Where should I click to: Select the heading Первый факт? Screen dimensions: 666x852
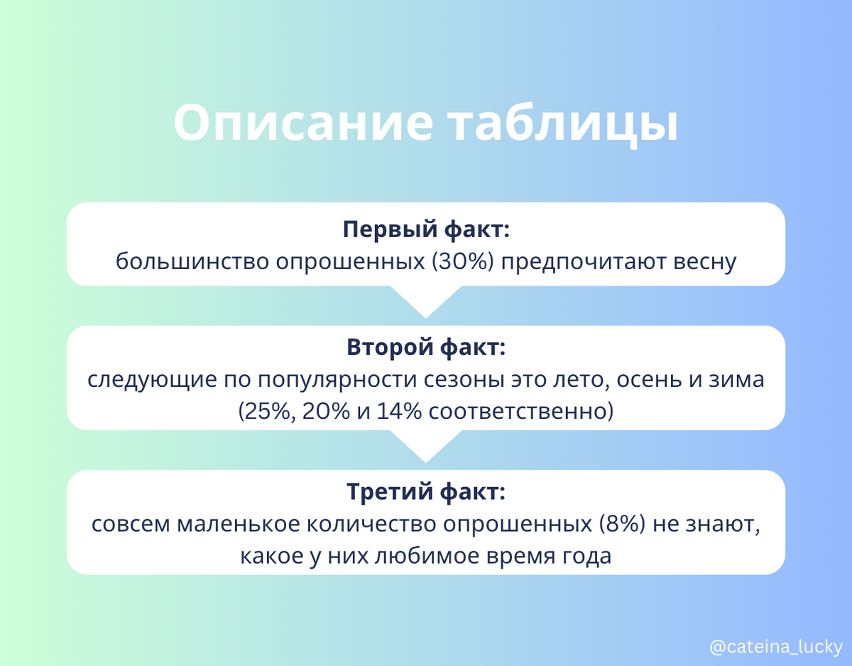[x=426, y=231]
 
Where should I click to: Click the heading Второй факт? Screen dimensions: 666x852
[x=426, y=348]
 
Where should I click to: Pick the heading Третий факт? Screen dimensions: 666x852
[x=426, y=491]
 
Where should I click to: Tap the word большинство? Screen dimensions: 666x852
[x=192, y=261]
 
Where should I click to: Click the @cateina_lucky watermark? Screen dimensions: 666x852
[x=775, y=648]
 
